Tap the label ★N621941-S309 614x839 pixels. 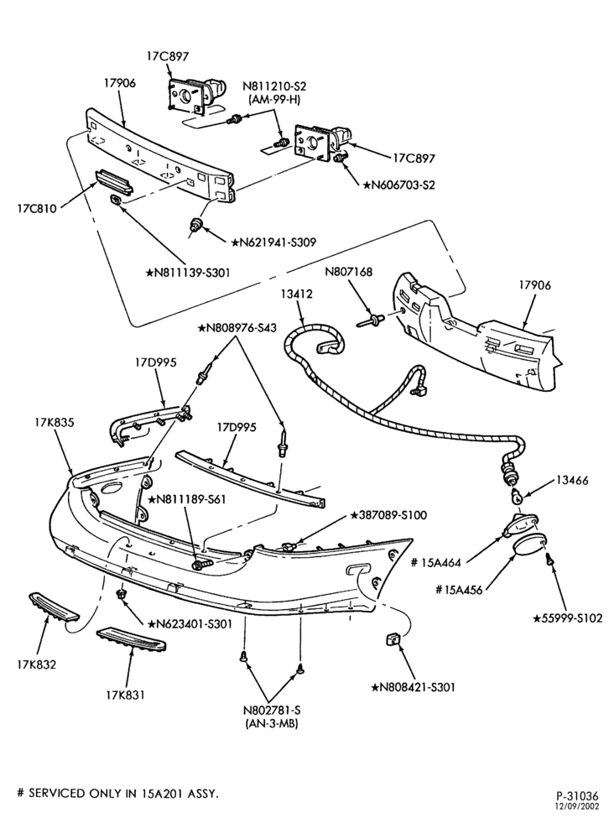point(273,242)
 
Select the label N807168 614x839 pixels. point(348,273)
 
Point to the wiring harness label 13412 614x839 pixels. point(295,294)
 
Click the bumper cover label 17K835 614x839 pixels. point(52,423)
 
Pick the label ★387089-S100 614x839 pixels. point(388,515)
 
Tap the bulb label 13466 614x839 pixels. point(572,481)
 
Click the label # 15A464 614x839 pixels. point(438,562)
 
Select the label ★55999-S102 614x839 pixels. point(568,618)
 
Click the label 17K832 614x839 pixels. point(36,664)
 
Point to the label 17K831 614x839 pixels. point(125,695)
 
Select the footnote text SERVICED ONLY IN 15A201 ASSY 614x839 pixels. point(123,793)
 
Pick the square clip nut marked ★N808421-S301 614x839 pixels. point(393,639)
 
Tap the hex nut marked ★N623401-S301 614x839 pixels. point(120,595)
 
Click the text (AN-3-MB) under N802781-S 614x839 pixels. point(271,723)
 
